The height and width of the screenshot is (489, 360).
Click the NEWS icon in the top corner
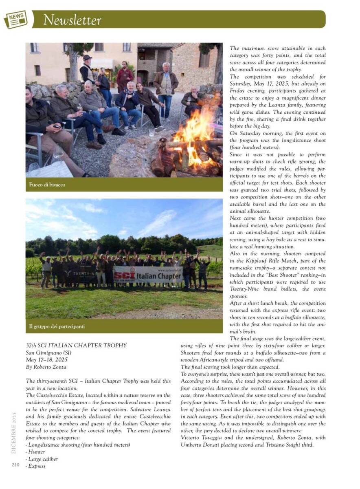tap(15, 19)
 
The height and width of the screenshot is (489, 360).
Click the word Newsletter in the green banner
tap(72, 20)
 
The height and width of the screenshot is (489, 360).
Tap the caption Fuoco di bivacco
tap(47, 185)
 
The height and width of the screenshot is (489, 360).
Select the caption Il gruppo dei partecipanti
tap(57, 326)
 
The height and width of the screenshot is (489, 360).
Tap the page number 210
tap(16, 464)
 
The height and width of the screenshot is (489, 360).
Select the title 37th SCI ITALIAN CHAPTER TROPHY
tap(76, 346)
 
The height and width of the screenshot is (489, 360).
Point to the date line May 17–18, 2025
tap(47, 360)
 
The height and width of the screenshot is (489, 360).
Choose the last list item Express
tap(37, 466)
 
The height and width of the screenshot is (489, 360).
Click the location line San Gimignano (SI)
tap(47, 353)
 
